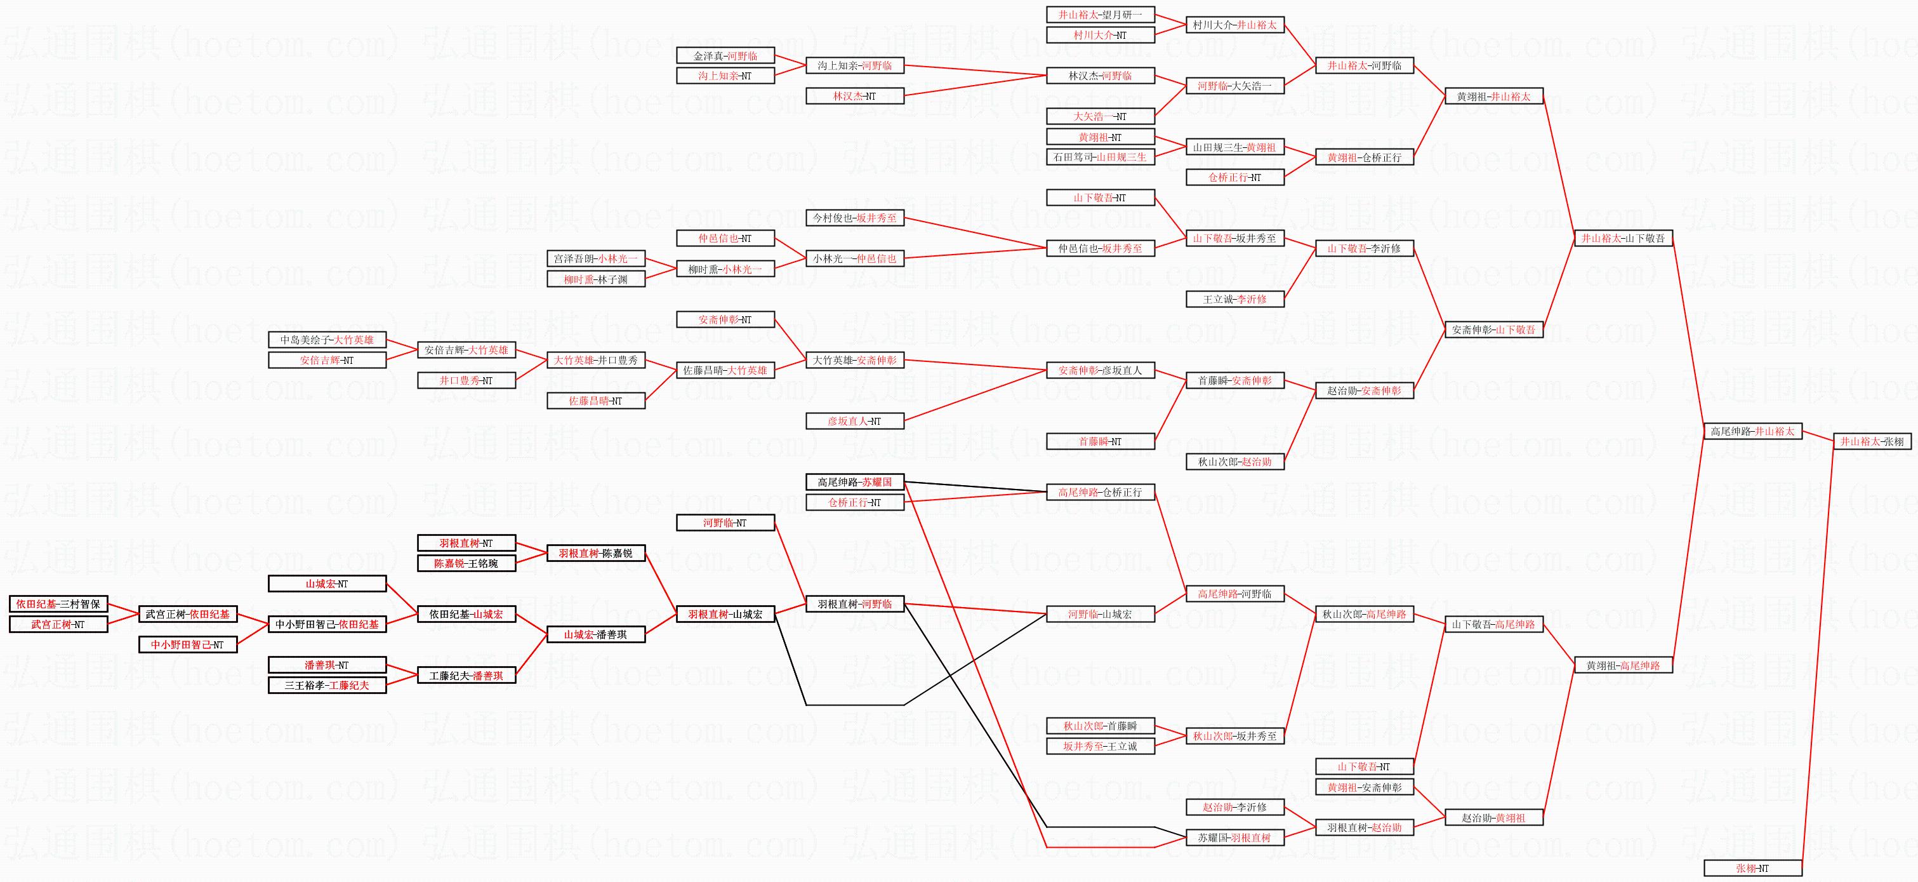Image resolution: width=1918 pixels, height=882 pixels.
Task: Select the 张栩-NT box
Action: (1753, 868)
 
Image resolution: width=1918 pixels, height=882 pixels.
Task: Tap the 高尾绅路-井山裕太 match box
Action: (1753, 431)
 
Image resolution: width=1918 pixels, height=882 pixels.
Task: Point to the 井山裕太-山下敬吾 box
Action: (1623, 238)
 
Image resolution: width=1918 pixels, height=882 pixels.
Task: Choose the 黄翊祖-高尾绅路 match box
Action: (1623, 665)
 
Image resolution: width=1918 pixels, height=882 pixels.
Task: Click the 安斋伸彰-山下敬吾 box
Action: (1493, 330)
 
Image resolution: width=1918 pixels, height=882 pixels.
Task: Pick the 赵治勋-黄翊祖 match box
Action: (1493, 818)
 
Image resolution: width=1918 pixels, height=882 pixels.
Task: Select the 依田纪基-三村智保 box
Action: (58, 604)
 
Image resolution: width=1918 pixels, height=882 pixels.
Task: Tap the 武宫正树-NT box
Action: (58, 624)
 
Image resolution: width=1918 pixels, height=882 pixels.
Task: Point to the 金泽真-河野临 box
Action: (725, 56)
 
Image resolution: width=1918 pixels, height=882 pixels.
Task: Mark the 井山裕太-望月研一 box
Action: (1101, 15)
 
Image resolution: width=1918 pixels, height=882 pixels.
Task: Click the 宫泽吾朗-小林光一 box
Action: (596, 258)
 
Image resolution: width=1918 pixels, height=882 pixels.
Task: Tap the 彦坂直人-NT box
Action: (855, 422)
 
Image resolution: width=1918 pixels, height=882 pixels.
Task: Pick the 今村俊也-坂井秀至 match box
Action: (855, 218)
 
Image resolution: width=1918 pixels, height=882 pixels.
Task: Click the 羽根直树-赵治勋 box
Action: (1364, 827)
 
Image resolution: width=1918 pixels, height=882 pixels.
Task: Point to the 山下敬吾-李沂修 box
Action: (1364, 249)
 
